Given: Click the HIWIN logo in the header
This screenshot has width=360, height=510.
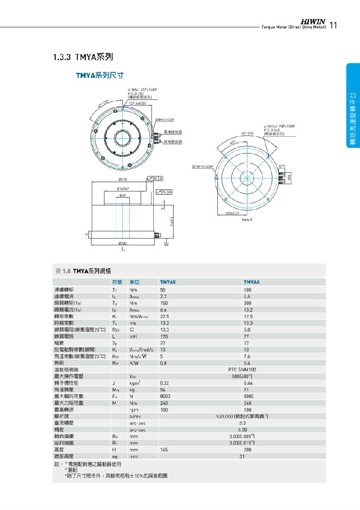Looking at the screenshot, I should (314, 21).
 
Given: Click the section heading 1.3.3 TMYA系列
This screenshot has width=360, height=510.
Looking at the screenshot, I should (83, 57).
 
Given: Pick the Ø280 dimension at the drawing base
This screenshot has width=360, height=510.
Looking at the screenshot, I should (122, 242).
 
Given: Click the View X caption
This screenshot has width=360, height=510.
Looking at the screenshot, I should (247, 219).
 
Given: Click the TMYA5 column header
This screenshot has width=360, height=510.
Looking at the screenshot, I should (168, 282).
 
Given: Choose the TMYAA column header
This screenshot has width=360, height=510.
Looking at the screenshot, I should (252, 282).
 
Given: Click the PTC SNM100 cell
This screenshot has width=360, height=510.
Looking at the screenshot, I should (242, 370).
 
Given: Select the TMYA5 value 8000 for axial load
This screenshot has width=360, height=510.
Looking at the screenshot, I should (165, 396).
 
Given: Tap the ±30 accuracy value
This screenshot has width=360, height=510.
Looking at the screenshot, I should (242, 430).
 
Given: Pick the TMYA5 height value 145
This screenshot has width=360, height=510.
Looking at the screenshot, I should (164, 450).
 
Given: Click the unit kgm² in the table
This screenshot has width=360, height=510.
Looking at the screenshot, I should (135, 383).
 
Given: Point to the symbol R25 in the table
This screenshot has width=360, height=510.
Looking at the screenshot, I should (115, 330).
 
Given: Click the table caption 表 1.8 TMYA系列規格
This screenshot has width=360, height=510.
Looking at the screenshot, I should (83, 271).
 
